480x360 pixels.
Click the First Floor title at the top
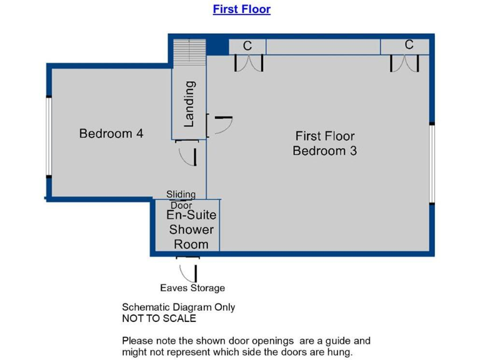[x=241, y=9]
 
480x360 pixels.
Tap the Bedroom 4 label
[x=111, y=133]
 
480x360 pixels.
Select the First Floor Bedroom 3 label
[x=324, y=143]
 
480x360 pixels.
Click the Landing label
[x=189, y=104]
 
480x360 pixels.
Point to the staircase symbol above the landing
[x=189, y=49]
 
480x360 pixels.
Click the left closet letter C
[x=247, y=46]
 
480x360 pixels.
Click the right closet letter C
[x=409, y=45]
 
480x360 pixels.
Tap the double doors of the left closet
[x=249, y=62]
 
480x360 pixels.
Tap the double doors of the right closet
[x=405, y=62]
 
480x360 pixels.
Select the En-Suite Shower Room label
[x=190, y=229]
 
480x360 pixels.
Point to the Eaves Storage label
[x=192, y=288]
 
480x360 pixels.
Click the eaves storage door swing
[x=187, y=271]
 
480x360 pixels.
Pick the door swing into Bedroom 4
[x=187, y=154]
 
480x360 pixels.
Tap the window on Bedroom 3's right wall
[x=431, y=162]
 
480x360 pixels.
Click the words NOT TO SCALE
[x=159, y=318]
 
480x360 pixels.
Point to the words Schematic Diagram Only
[x=178, y=307]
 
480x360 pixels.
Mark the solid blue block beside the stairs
[x=217, y=46]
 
